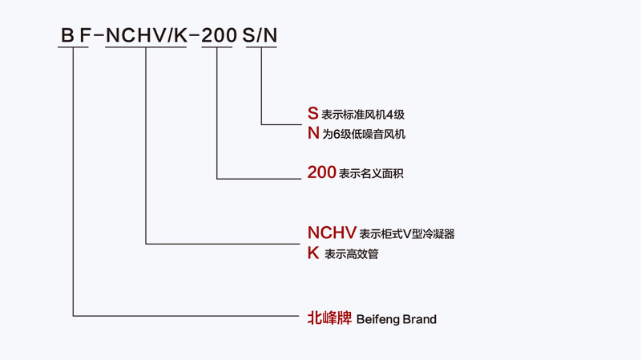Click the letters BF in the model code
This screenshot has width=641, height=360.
coord(75,35)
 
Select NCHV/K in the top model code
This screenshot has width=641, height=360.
coord(147,35)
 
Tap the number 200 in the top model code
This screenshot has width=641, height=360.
coord(219,35)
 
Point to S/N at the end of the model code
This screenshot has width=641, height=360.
coord(260,35)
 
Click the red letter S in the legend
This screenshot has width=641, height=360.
coord(312,113)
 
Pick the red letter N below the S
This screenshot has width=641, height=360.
coord(313,133)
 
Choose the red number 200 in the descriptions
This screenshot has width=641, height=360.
coord(322,172)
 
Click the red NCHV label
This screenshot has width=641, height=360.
coord(332,233)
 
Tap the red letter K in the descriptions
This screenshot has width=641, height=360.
coord(313,253)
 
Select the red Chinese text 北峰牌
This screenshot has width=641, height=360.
coord(329,318)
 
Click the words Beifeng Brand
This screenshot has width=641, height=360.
coord(397,319)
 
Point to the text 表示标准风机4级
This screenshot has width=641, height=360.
coord(363,115)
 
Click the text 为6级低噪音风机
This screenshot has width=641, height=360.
coord(364,134)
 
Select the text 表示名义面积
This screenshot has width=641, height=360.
coord(371,173)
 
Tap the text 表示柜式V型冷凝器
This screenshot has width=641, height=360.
coord(407,234)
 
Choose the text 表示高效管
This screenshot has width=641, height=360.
coord(352,254)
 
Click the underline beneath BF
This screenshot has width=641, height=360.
coord(73,47)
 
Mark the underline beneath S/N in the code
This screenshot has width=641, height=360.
coord(261,47)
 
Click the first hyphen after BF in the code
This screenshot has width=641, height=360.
coord(99,36)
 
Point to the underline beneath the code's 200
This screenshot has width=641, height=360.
coord(217,47)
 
